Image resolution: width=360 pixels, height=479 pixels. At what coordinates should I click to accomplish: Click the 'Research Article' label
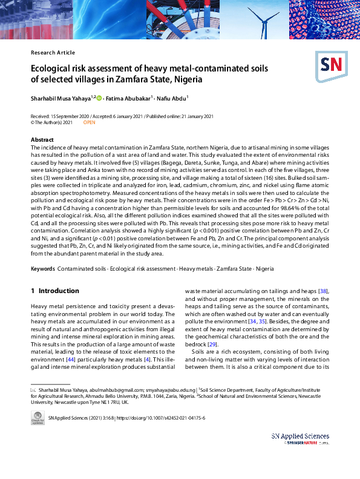point(53,53)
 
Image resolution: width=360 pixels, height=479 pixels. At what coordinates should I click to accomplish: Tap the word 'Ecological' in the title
point(55,68)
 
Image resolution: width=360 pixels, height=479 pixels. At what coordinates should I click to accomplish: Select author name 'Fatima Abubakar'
point(128,97)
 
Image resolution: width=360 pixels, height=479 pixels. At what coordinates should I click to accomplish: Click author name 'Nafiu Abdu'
point(172,97)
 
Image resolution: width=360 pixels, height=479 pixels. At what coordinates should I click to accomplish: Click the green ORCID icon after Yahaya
point(99,97)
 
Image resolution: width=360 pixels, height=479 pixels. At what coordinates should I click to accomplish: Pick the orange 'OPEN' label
point(89,122)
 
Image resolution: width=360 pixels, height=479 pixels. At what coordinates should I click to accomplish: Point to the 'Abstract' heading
point(42,140)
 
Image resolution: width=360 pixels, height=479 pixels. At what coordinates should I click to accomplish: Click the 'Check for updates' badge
point(38,418)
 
